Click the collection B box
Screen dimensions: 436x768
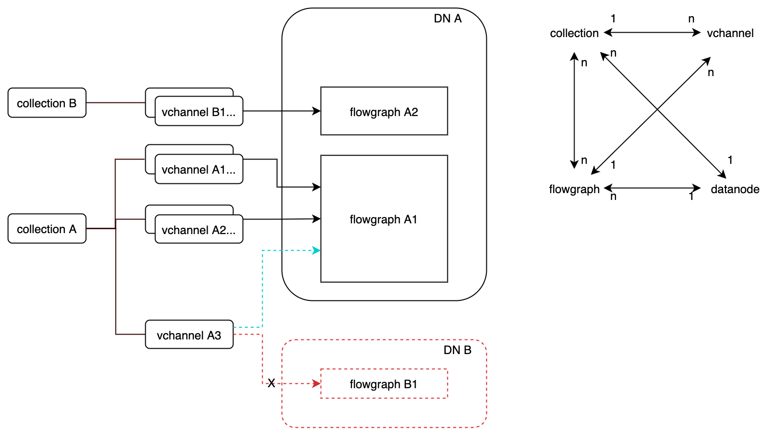pyautogui.click(x=47, y=103)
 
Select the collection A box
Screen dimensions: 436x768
pyautogui.click(x=47, y=229)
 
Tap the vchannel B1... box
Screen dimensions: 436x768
pyautogui.click(x=199, y=112)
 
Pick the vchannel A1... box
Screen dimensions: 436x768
pyautogui.click(x=199, y=169)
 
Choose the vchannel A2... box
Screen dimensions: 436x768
pyautogui.click(x=199, y=230)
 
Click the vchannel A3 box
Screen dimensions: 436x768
pyautogui.click(x=189, y=335)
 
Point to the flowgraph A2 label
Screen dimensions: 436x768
pyautogui.click(x=384, y=112)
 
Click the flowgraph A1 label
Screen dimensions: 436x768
pyautogui.click(x=384, y=219)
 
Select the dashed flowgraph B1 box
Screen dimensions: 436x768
pyautogui.click(x=384, y=384)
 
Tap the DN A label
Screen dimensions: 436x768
pyautogui.click(x=447, y=19)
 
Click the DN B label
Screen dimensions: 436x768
pyautogui.click(x=457, y=350)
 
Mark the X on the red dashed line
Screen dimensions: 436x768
pyautogui.click(x=271, y=383)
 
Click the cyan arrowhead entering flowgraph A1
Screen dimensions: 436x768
pyautogui.click(x=317, y=251)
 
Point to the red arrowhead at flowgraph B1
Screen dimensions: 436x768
pyautogui.click(x=317, y=384)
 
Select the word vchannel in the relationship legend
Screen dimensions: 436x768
pyautogui.click(x=730, y=33)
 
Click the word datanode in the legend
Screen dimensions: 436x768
pyautogui.click(x=735, y=189)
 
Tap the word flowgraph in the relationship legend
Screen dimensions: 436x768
pyautogui.click(x=574, y=189)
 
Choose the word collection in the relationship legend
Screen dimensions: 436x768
pyautogui.click(x=574, y=33)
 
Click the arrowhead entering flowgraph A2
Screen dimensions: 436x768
pyautogui.click(x=317, y=111)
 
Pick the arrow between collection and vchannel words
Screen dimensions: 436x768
pyautogui.click(x=652, y=33)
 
